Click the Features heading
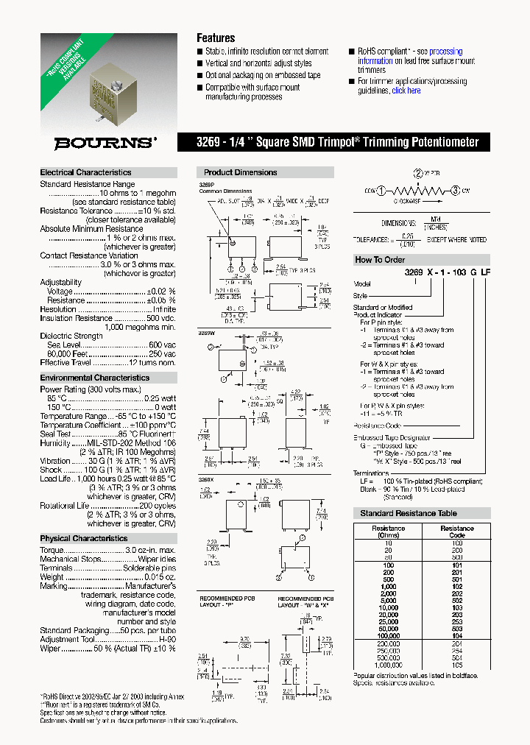216,38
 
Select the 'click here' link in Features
406,91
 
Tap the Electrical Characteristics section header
85,172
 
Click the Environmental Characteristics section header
94,378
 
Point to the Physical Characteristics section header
83,538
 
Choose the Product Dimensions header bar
241,172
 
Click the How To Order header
380,259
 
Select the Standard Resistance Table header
409,513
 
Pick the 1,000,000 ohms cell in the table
388,665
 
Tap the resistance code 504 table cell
457,658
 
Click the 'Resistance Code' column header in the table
457,532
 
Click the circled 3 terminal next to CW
456,191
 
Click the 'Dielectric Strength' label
71,336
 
